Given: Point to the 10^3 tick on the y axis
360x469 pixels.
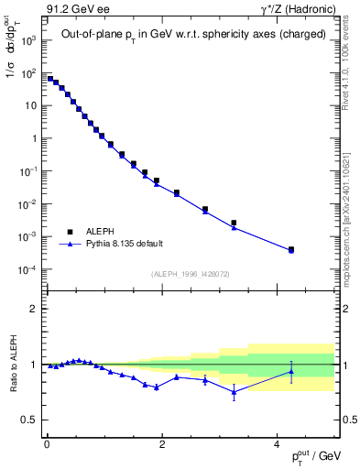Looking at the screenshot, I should tap(26, 39).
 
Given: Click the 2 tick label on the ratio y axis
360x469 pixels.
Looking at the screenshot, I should tap(32, 309).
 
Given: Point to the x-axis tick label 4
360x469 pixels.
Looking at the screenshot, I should tap(277, 443).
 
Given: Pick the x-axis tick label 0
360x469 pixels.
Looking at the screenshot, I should tap(47, 443).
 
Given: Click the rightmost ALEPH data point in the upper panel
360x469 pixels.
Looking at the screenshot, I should tap(291, 249).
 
